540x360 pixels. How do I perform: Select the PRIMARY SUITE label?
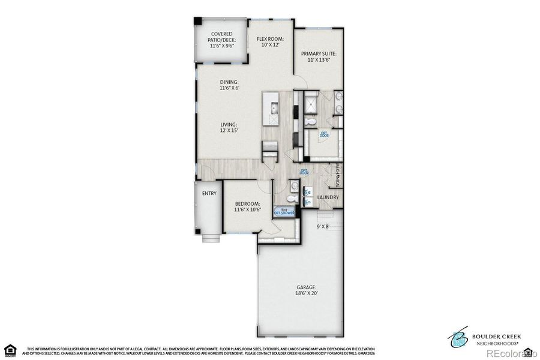tap(319, 56)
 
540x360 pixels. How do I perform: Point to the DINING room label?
tap(229, 85)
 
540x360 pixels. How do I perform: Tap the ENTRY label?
tap(209, 193)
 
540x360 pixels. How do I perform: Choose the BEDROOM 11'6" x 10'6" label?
tap(248, 207)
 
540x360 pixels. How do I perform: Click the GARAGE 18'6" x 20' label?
tap(305, 290)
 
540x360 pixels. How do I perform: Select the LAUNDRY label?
tap(328, 197)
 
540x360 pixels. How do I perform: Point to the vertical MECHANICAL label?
tap(338, 175)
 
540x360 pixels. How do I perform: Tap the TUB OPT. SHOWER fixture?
tap(284, 211)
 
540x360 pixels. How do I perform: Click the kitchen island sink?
tap(274, 109)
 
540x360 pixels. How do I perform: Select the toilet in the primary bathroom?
tap(310, 122)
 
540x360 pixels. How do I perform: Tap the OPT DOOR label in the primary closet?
tap(325, 135)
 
